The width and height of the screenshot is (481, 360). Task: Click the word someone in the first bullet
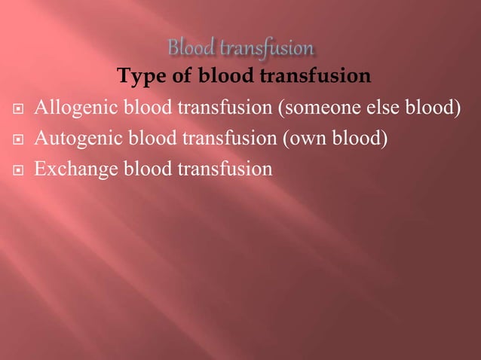click(x=317, y=108)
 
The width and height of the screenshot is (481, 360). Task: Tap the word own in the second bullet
click(x=305, y=139)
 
